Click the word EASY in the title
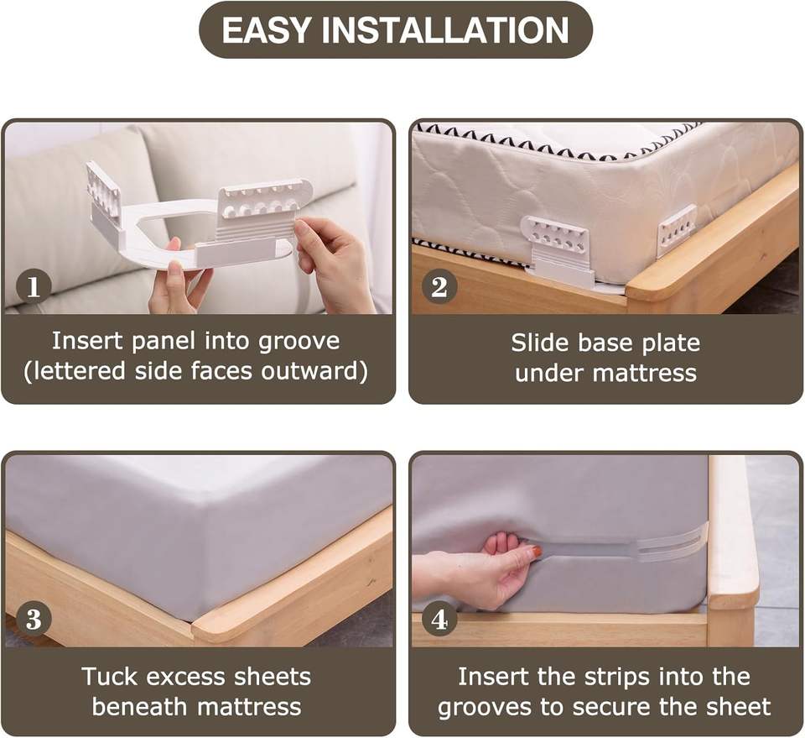[x=266, y=30]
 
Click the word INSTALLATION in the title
[x=445, y=30]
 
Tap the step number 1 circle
[x=34, y=287]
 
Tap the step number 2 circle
[x=439, y=287]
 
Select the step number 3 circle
[x=34, y=619]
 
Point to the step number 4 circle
[x=439, y=619]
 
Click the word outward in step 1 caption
[x=314, y=371]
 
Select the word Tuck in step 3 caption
[x=109, y=677]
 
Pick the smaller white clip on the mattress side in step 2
[x=678, y=226]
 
